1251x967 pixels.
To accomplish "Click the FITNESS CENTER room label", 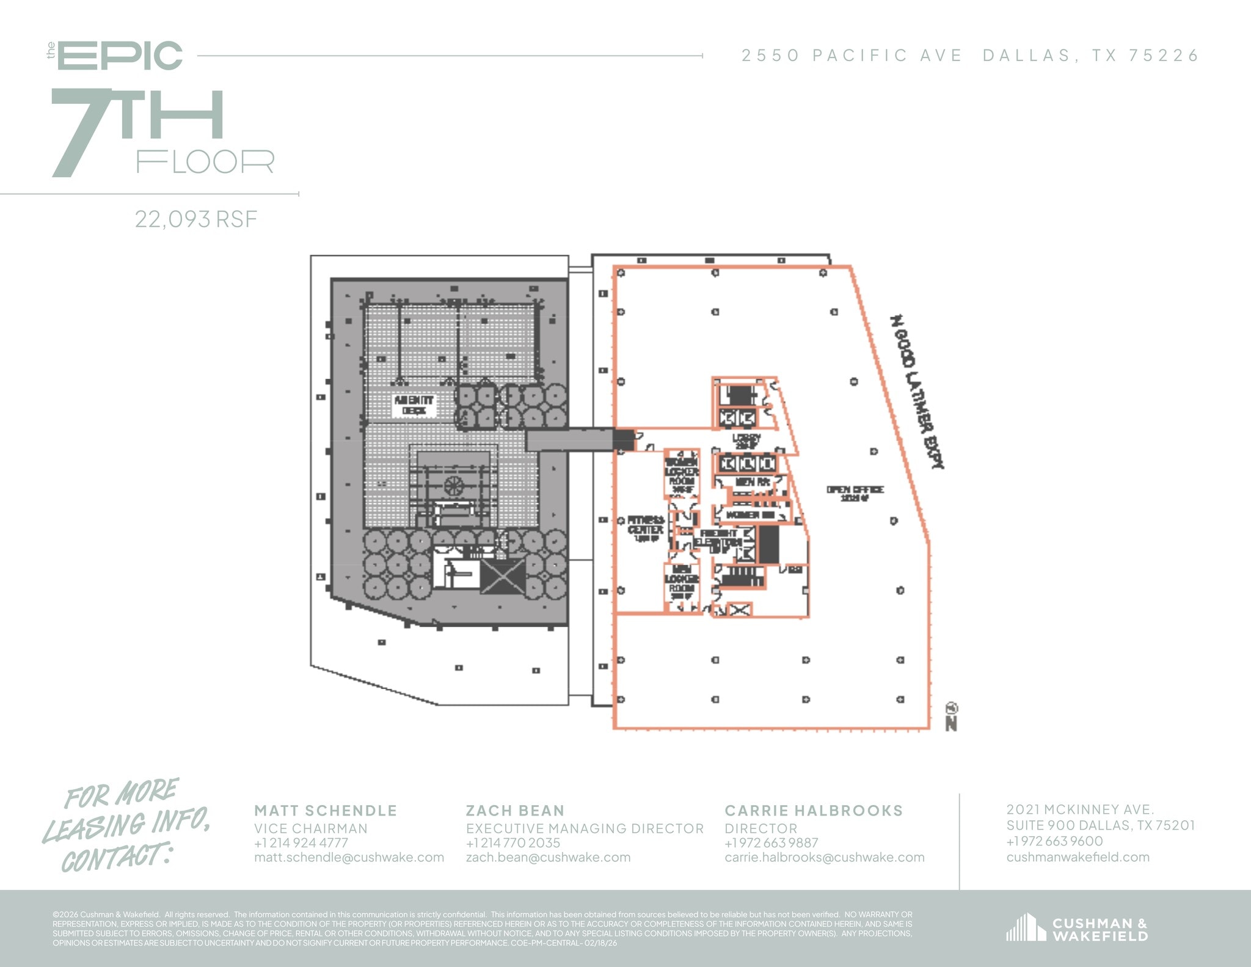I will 646,528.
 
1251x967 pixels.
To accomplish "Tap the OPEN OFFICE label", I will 855,493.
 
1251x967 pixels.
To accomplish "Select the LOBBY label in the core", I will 746,440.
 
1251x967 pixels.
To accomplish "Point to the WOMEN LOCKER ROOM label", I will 682,476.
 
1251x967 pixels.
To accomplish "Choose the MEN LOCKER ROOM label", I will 681,582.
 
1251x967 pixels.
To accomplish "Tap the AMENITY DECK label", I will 414,404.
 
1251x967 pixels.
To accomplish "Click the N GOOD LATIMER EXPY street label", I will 917,391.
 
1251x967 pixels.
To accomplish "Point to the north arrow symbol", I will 951,717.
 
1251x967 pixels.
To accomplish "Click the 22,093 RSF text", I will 196,219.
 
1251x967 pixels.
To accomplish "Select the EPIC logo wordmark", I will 120,56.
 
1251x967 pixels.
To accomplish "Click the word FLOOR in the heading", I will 205,162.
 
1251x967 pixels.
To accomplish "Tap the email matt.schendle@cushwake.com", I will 349,857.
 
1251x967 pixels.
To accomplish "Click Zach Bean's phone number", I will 513,843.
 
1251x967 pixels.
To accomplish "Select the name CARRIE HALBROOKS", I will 813,811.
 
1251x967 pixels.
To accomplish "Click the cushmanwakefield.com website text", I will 1078,857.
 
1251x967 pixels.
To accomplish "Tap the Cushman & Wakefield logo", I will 1077,929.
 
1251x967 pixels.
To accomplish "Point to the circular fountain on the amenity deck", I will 454,486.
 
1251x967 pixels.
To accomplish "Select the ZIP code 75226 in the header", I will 1164,56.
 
